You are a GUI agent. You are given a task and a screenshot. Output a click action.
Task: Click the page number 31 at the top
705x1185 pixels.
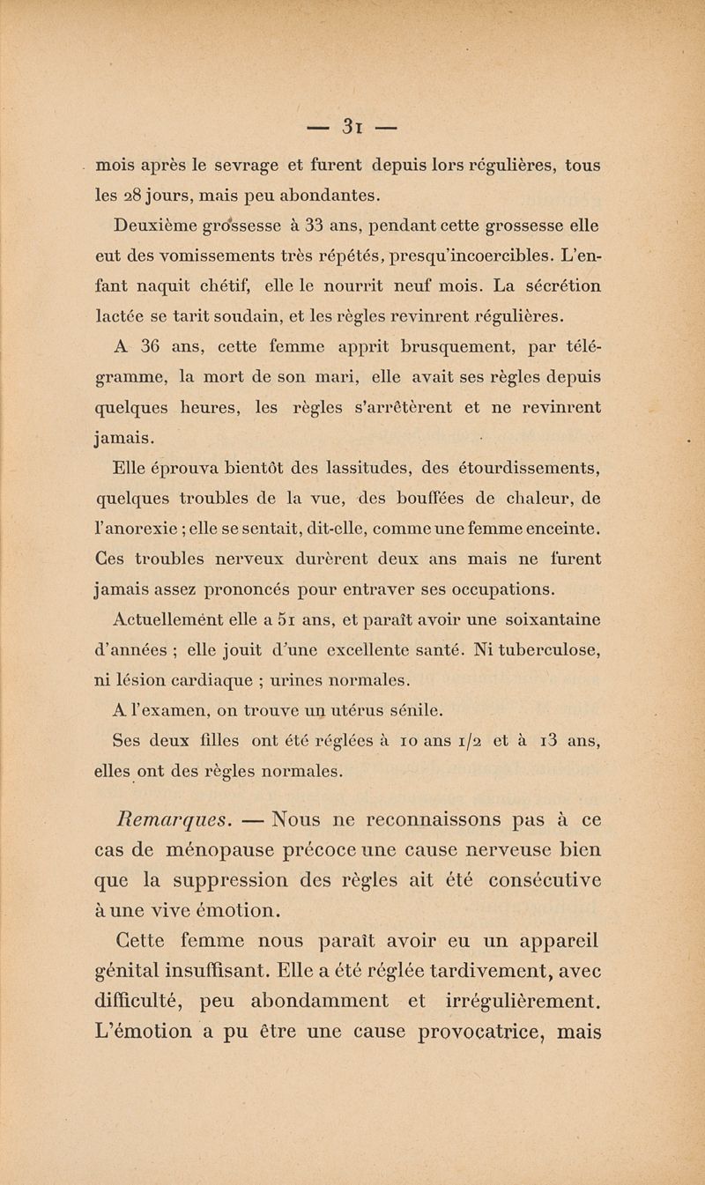[x=352, y=123]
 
